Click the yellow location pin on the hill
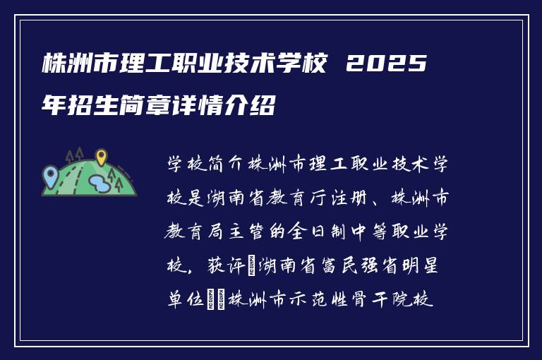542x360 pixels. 101,157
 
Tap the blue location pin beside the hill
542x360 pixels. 49,174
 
